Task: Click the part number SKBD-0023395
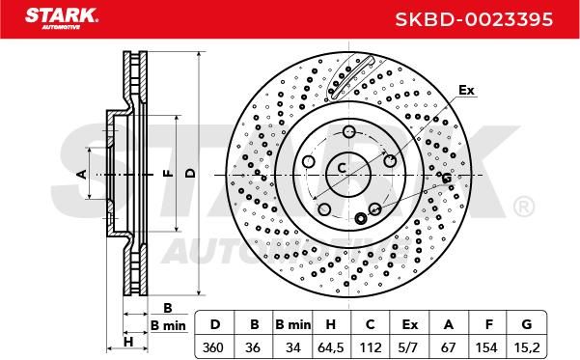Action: (474, 19)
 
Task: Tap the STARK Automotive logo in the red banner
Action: (62, 18)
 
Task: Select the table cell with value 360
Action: (213, 347)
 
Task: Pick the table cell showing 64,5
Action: (331, 347)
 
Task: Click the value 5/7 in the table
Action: (409, 347)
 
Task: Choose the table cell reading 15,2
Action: (527, 347)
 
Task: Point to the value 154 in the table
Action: (486, 347)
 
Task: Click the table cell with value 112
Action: (370, 347)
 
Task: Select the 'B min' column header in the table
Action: (292, 324)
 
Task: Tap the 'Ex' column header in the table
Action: (409, 324)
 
